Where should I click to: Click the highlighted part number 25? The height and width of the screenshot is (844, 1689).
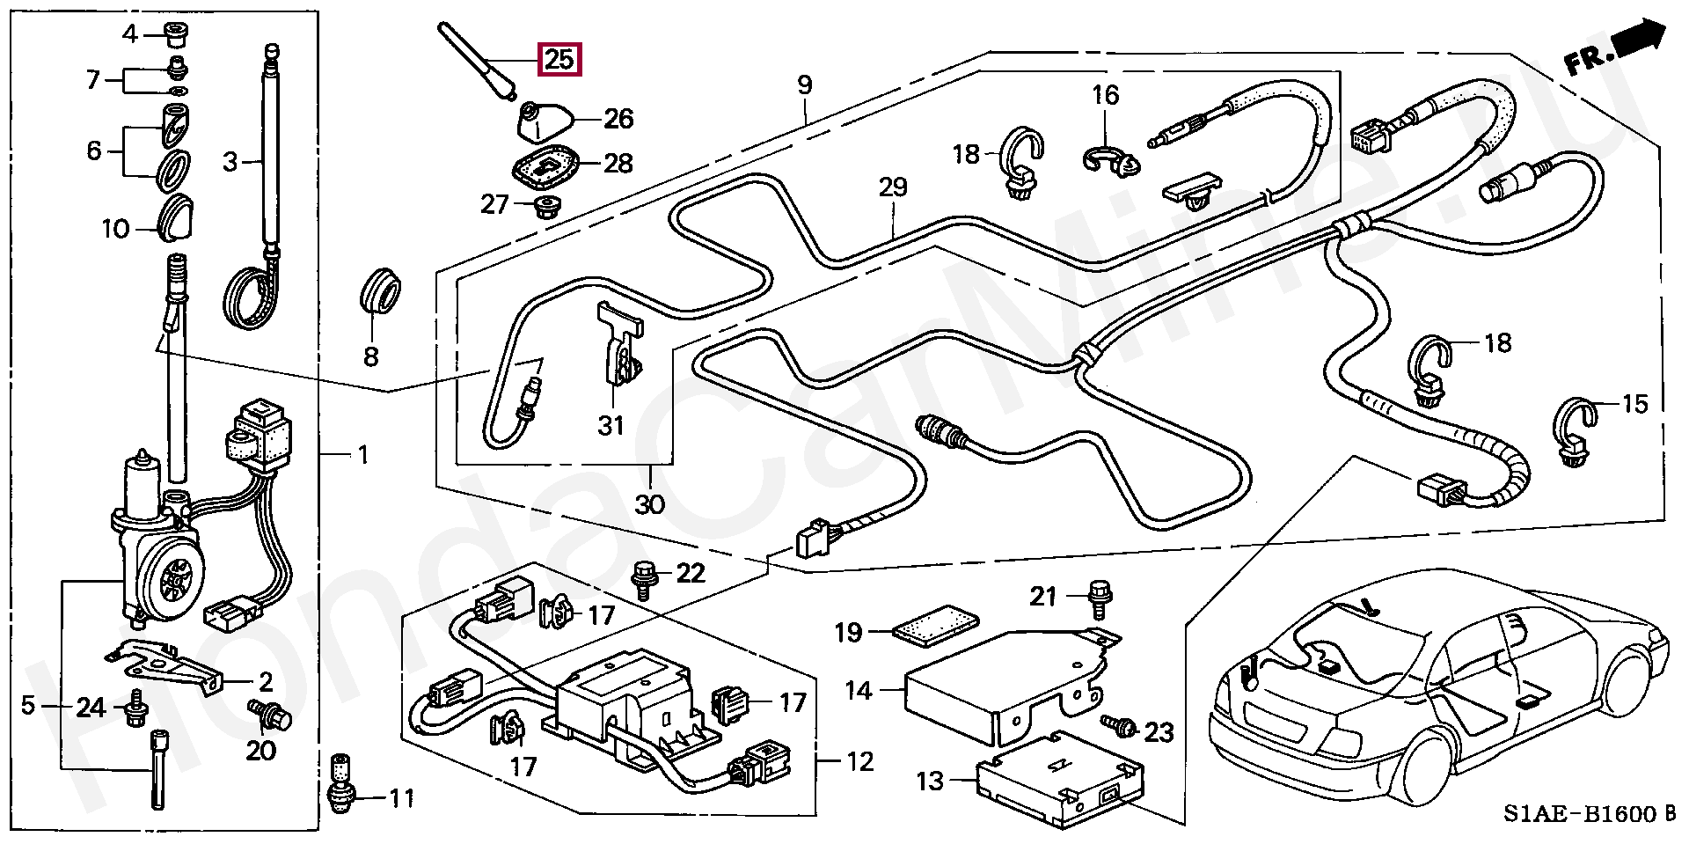(559, 60)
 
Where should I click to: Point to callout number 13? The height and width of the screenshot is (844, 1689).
(930, 781)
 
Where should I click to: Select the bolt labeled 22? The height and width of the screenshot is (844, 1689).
(642, 580)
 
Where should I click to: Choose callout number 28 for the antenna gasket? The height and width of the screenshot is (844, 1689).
(618, 164)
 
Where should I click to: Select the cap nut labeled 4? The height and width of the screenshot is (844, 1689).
(172, 35)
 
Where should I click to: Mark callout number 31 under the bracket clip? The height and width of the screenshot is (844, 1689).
(611, 426)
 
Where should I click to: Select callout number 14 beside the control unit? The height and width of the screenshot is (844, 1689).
(859, 692)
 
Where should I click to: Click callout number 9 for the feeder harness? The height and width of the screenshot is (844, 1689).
(804, 86)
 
